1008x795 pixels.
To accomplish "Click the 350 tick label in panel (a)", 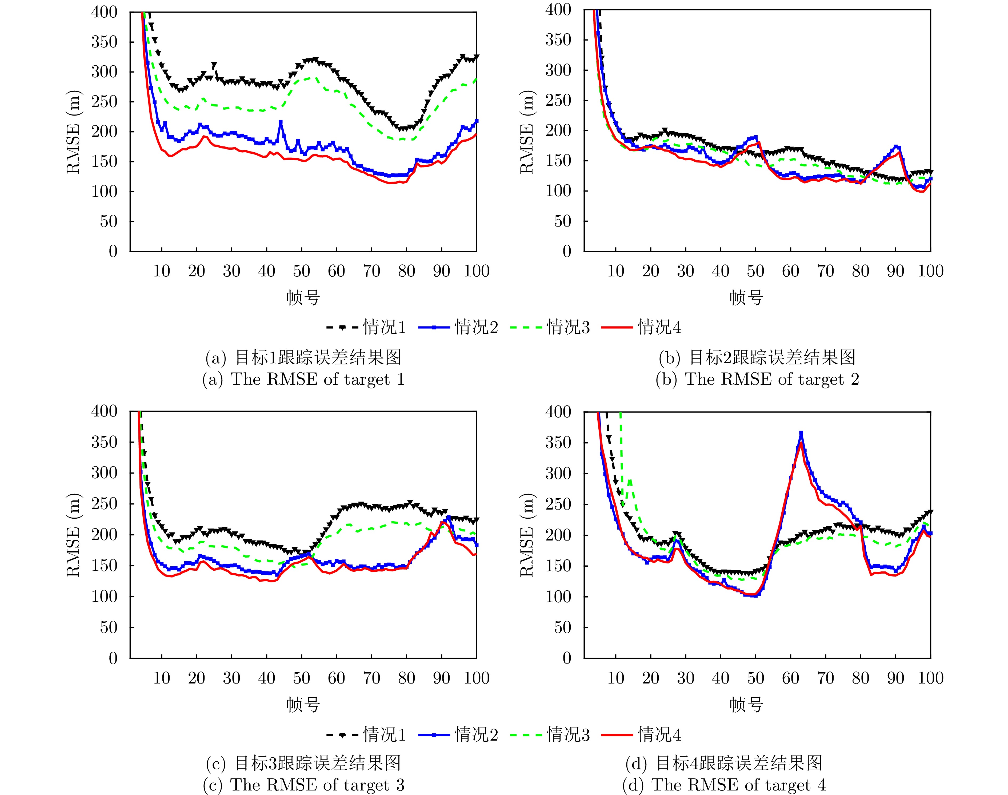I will pyautogui.click(x=104, y=42).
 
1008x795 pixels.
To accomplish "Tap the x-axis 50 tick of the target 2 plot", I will pyautogui.click(x=755, y=271).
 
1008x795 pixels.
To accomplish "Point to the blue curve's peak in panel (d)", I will pyautogui.click(x=801, y=433).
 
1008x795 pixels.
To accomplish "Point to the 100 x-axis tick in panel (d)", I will pyautogui.click(x=930, y=678).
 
